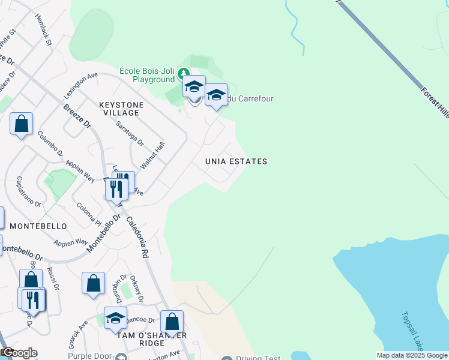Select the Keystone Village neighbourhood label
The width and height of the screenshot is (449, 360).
point(121,109)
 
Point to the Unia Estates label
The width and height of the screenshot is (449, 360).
point(236,161)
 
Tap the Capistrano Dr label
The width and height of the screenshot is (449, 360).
point(28,192)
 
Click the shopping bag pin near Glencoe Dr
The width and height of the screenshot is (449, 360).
point(172,322)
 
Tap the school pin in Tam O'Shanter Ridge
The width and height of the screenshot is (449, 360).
point(115,318)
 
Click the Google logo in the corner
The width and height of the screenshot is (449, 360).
point(19,353)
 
